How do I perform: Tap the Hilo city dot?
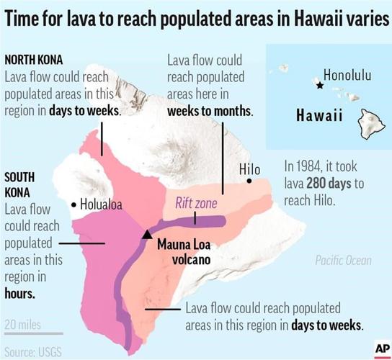click(249, 181)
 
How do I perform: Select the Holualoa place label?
click(101, 204)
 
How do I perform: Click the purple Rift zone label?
click(196, 204)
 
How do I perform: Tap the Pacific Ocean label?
click(343, 260)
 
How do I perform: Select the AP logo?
click(381, 348)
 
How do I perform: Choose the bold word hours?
click(19, 294)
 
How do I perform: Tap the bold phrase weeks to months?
click(210, 112)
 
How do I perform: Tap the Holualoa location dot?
click(74, 205)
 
